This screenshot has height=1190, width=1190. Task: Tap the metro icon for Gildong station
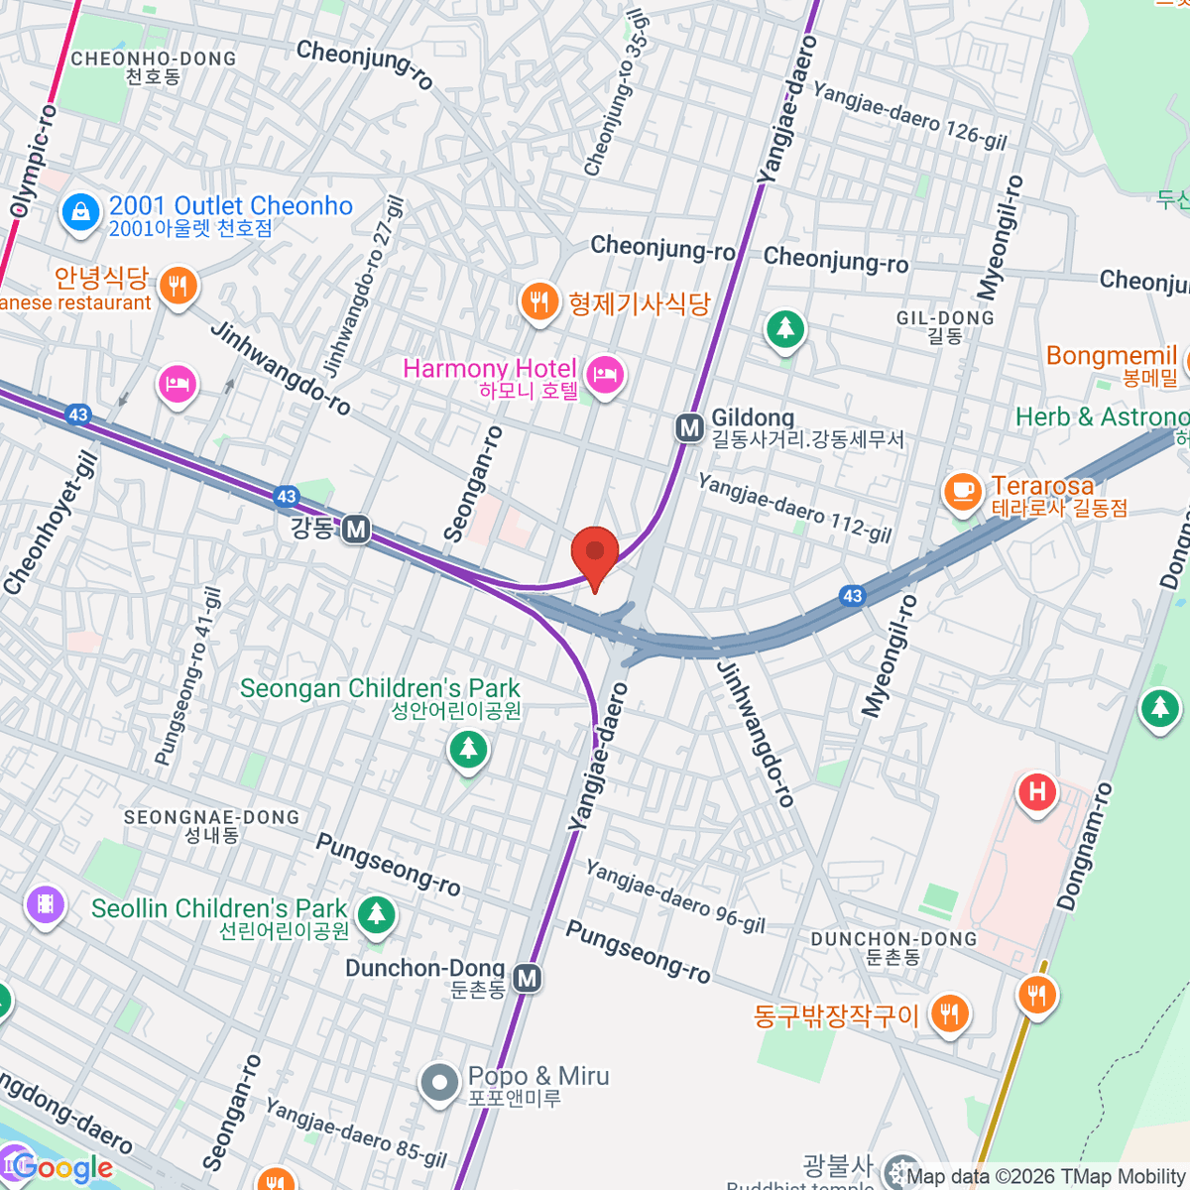pyautogui.click(x=689, y=428)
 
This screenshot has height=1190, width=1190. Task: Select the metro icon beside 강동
pyautogui.click(x=356, y=530)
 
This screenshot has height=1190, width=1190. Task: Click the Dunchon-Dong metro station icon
pyautogui.click(x=528, y=979)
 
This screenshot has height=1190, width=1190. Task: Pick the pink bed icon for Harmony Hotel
pyautogui.click(x=604, y=375)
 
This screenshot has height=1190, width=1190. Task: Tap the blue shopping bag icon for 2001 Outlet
pyautogui.click(x=80, y=211)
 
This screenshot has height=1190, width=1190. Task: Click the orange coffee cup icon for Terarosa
pyautogui.click(x=961, y=490)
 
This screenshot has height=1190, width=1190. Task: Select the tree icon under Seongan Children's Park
pyautogui.click(x=468, y=749)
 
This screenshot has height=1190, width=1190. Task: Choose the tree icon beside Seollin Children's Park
pyautogui.click(x=376, y=913)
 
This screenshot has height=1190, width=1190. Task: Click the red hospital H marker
pyautogui.click(x=1037, y=792)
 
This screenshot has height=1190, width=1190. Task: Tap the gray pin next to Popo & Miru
pyautogui.click(x=438, y=1084)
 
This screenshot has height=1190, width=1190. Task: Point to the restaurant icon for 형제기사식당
pyautogui.click(x=539, y=300)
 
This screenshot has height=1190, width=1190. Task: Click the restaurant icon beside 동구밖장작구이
pyautogui.click(x=949, y=1012)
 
